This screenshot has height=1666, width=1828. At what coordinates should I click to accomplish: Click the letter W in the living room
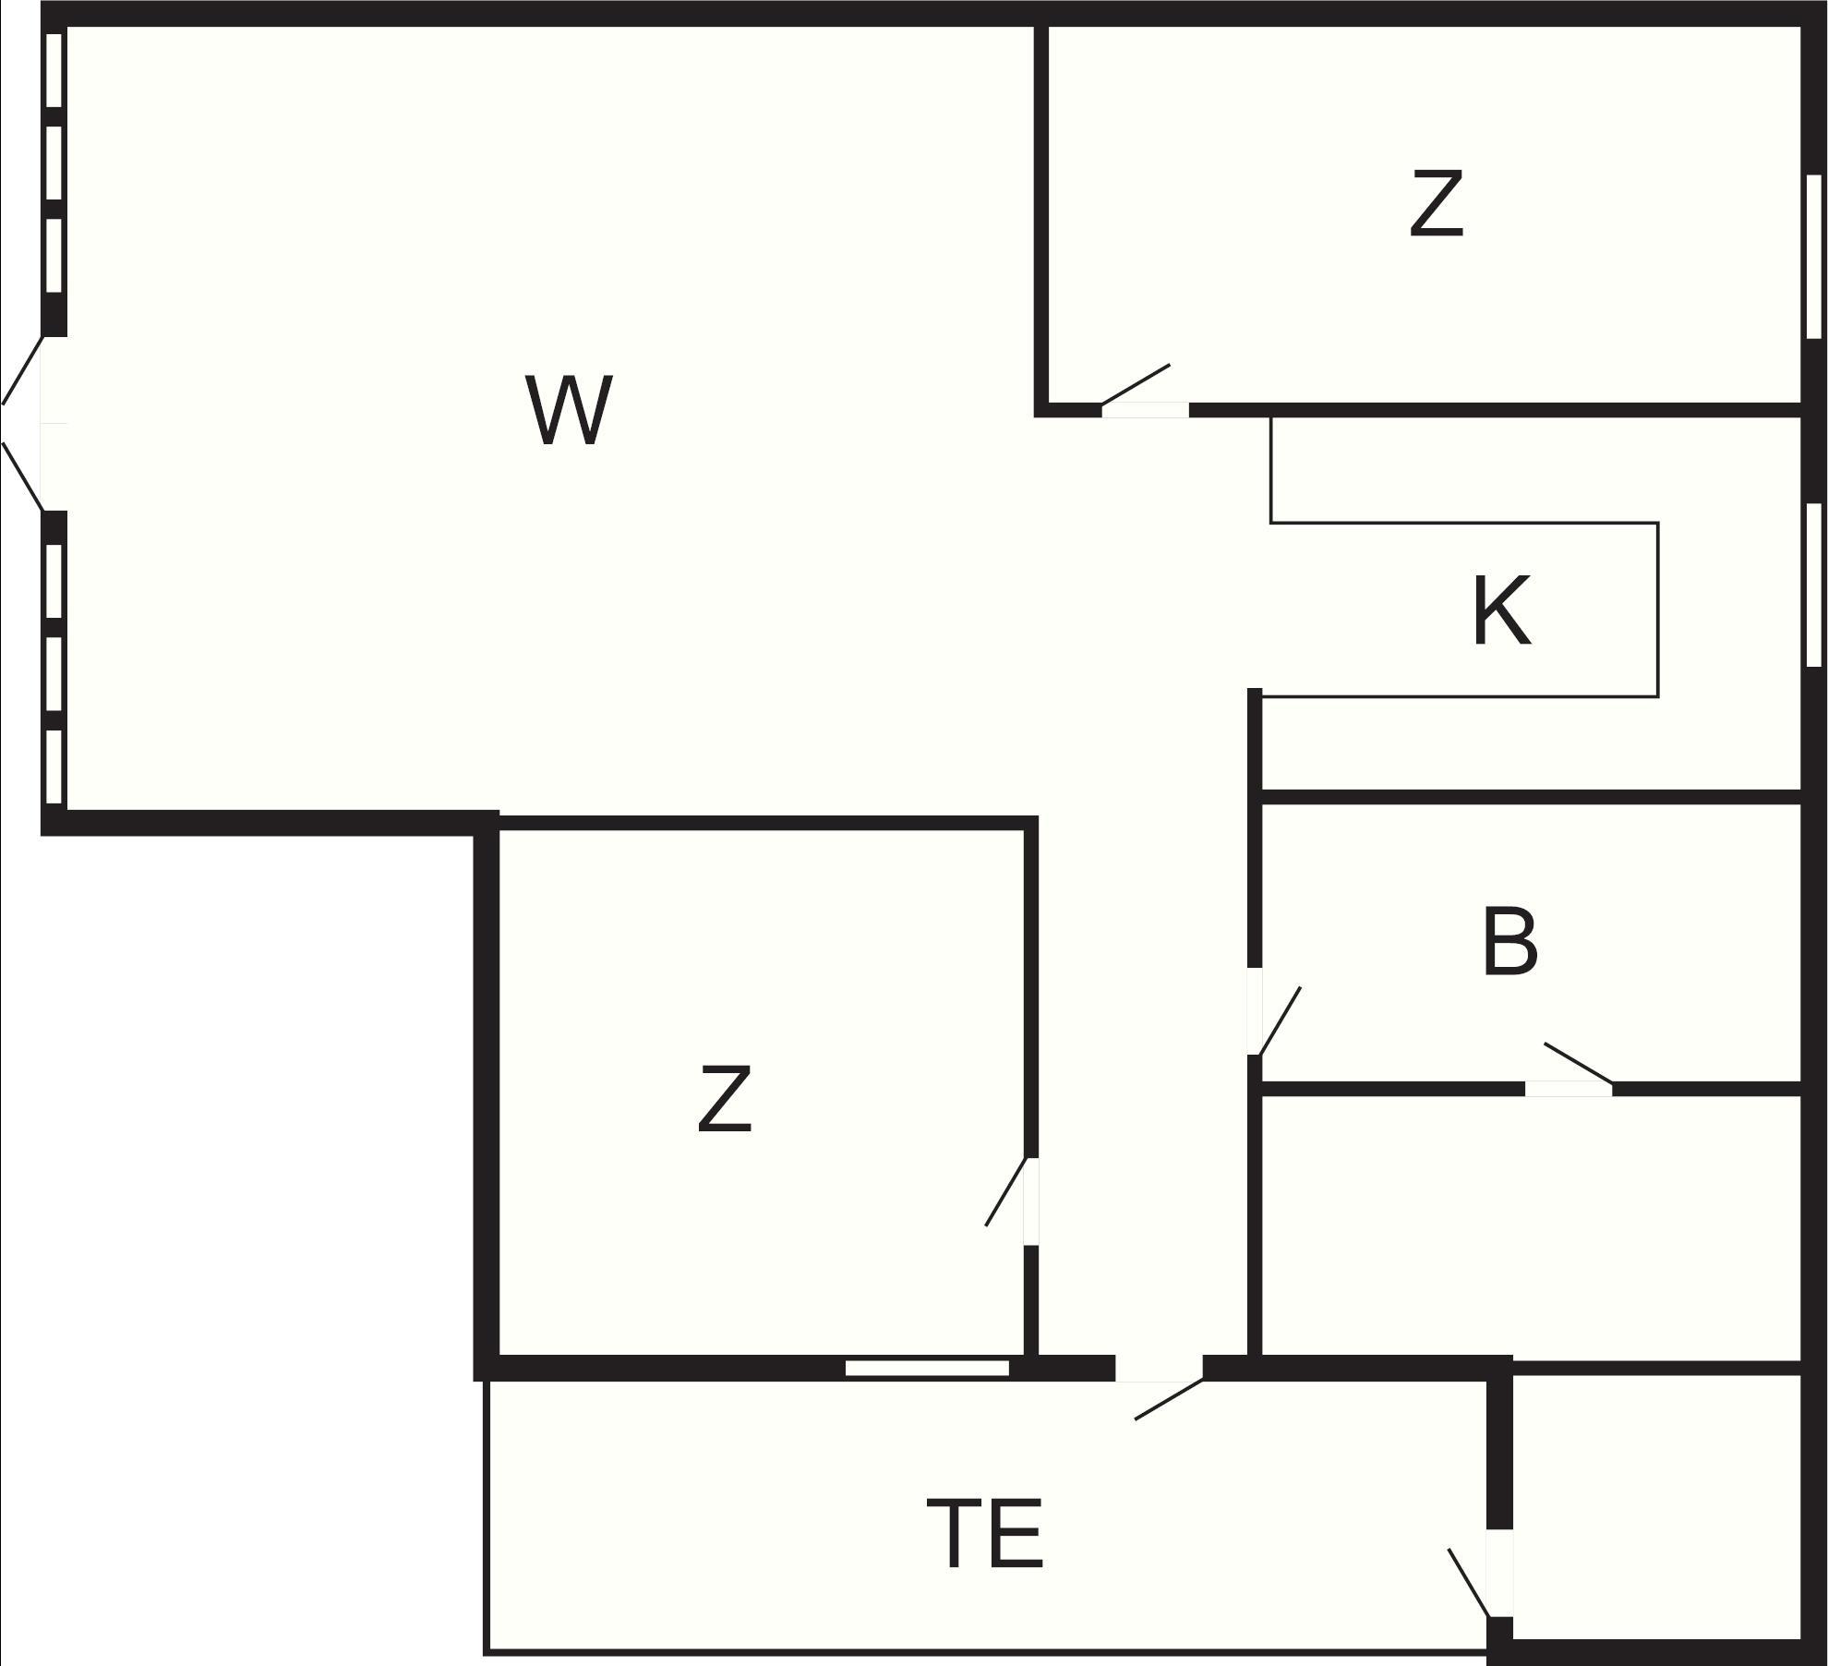coord(569,411)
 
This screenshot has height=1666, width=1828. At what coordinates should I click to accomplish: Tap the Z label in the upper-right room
coord(1437,204)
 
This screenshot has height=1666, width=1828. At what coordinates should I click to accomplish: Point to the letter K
coord(1501,610)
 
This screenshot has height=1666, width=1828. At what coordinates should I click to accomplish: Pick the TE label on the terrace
coord(985,1534)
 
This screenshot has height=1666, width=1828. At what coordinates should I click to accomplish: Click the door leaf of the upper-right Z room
coord(1136,384)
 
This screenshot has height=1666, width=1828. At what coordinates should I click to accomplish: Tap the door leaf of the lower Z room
coord(1005,1192)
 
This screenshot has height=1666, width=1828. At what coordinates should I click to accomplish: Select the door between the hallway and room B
coord(1280,1020)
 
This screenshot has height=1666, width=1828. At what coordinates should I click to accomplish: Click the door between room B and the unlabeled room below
coord(1578,1063)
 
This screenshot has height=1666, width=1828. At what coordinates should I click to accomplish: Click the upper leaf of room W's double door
coord(22,370)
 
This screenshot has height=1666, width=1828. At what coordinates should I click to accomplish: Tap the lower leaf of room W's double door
coord(22,476)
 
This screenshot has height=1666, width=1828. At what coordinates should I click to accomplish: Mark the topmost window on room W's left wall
coord(54,70)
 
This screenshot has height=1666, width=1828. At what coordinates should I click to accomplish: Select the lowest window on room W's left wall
coord(54,767)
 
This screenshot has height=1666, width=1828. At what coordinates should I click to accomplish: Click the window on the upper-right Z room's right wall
coord(1814,257)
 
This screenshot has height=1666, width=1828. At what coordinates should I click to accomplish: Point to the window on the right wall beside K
coord(1814,585)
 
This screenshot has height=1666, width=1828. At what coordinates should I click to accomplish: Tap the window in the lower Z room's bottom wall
coord(927,1368)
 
